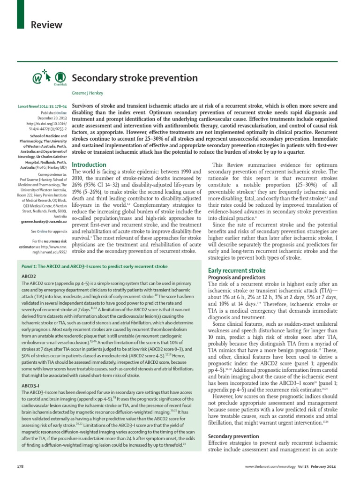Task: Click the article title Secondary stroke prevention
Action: click(x=134, y=77)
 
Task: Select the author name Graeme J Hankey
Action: click(x=90, y=93)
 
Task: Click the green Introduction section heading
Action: click(x=89, y=165)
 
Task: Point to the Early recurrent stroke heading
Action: click(x=236, y=270)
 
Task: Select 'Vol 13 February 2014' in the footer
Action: click(x=326, y=467)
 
